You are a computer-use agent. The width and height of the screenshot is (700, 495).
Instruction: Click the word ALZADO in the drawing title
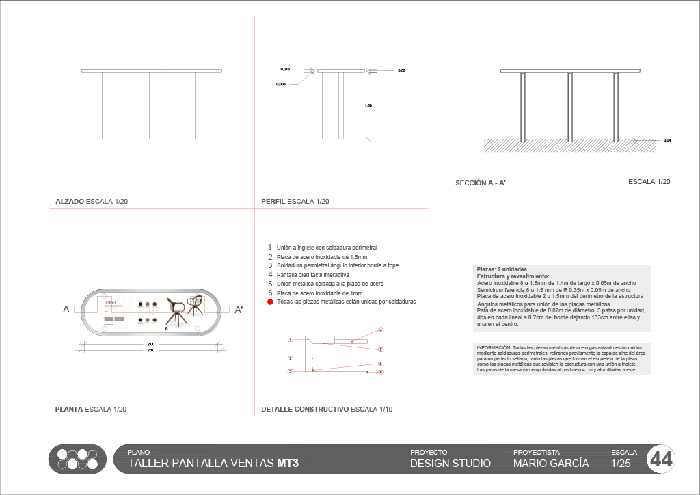[x=69, y=202]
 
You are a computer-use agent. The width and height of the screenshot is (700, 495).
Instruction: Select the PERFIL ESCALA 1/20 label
[x=295, y=202]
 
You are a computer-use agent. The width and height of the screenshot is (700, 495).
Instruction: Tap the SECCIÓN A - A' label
[x=480, y=183]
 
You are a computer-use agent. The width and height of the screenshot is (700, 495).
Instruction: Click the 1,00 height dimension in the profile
[x=368, y=105]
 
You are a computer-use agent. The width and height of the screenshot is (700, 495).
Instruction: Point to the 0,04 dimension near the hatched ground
[x=667, y=140]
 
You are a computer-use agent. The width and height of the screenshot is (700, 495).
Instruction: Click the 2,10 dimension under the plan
[x=151, y=350]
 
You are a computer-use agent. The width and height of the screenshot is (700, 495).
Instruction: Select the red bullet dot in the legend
[x=270, y=302]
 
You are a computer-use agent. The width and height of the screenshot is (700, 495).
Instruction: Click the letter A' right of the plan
[x=239, y=310]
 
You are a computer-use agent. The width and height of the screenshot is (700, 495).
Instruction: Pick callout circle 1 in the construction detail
[x=291, y=340]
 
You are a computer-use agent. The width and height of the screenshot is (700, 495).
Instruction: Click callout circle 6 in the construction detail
[x=381, y=372]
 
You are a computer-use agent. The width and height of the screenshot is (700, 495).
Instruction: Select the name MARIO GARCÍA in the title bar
[x=551, y=463]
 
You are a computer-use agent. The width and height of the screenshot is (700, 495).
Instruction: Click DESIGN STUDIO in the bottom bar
[x=450, y=463]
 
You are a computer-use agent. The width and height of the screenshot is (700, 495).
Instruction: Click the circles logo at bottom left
[x=77, y=459]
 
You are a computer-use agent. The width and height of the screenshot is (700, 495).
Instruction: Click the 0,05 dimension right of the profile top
[x=402, y=70]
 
